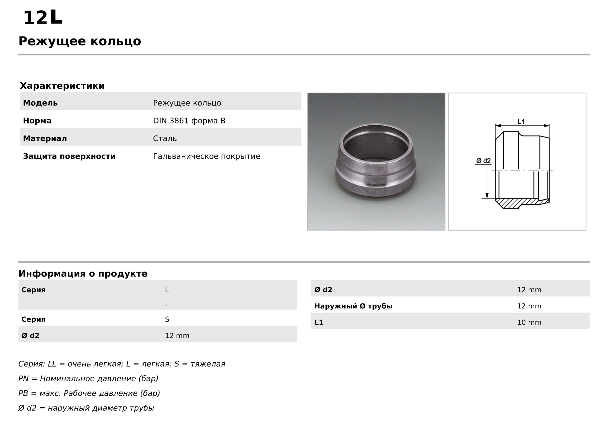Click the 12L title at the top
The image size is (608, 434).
pyautogui.click(x=43, y=18)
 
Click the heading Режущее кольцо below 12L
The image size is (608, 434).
pyautogui.click(x=80, y=41)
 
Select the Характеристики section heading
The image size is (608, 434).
pyautogui.click(x=62, y=86)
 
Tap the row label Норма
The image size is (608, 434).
pyautogui.click(x=37, y=121)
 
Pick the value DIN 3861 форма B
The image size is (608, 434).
pyautogui.click(x=189, y=121)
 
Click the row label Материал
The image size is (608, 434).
pyautogui.click(x=45, y=138)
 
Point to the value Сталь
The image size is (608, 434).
pyautogui.click(x=165, y=138)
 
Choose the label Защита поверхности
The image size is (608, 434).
pyautogui.click(x=69, y=156)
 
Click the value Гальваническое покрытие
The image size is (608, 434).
pyautogui.click(x=206, y=156)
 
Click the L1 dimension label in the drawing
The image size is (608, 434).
pyautogui.click(x=521, y=122)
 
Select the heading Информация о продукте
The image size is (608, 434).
pyautogui.click(x=83, y=274)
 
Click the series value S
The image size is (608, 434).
pyautogui.click(x=167, y=319)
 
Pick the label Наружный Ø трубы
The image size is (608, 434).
pyautogui.click(x=353, y=306)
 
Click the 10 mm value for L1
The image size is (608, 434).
pyautogui.click(x=529, y=322)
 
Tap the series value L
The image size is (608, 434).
pyautogui.click(x=167, y=290)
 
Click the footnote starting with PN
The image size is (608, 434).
pyautogui.click(x=88, y=379)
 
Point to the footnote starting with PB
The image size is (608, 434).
pyautogui.click(x=89, y=393)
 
